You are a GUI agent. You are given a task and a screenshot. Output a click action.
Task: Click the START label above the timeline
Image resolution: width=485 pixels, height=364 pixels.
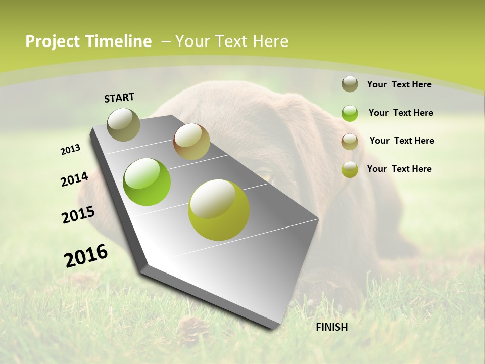119,98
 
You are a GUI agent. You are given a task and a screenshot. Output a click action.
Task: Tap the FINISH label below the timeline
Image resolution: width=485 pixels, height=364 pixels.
331,327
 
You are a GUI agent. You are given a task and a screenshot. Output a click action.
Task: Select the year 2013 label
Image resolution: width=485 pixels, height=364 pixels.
70,150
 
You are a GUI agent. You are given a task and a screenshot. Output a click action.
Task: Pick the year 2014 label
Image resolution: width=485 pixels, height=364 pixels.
74,179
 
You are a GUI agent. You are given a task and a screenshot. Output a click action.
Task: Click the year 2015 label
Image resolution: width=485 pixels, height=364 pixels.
78,215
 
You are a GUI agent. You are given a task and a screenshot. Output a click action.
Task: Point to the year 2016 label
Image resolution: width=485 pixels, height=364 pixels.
86,256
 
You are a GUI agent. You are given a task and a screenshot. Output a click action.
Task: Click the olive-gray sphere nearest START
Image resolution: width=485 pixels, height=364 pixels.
123,124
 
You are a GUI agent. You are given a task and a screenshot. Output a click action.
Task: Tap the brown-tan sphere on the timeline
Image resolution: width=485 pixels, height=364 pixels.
191,142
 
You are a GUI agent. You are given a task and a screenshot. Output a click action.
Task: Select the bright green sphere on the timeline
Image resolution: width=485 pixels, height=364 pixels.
147,182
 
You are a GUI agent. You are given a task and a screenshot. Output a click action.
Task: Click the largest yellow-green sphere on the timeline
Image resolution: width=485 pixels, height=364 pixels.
219,210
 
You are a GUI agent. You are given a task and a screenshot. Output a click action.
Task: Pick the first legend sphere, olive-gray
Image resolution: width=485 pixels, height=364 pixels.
350,84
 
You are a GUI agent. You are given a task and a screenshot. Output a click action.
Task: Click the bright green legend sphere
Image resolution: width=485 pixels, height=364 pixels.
350,113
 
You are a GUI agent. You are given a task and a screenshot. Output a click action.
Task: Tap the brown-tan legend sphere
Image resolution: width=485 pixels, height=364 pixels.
350,142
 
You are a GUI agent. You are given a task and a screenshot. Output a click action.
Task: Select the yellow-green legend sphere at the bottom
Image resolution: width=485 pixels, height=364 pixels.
350,169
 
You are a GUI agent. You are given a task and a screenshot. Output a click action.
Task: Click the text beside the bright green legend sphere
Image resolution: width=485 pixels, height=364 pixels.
401,113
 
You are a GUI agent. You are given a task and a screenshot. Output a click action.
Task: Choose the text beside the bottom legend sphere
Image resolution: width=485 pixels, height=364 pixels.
399,169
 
